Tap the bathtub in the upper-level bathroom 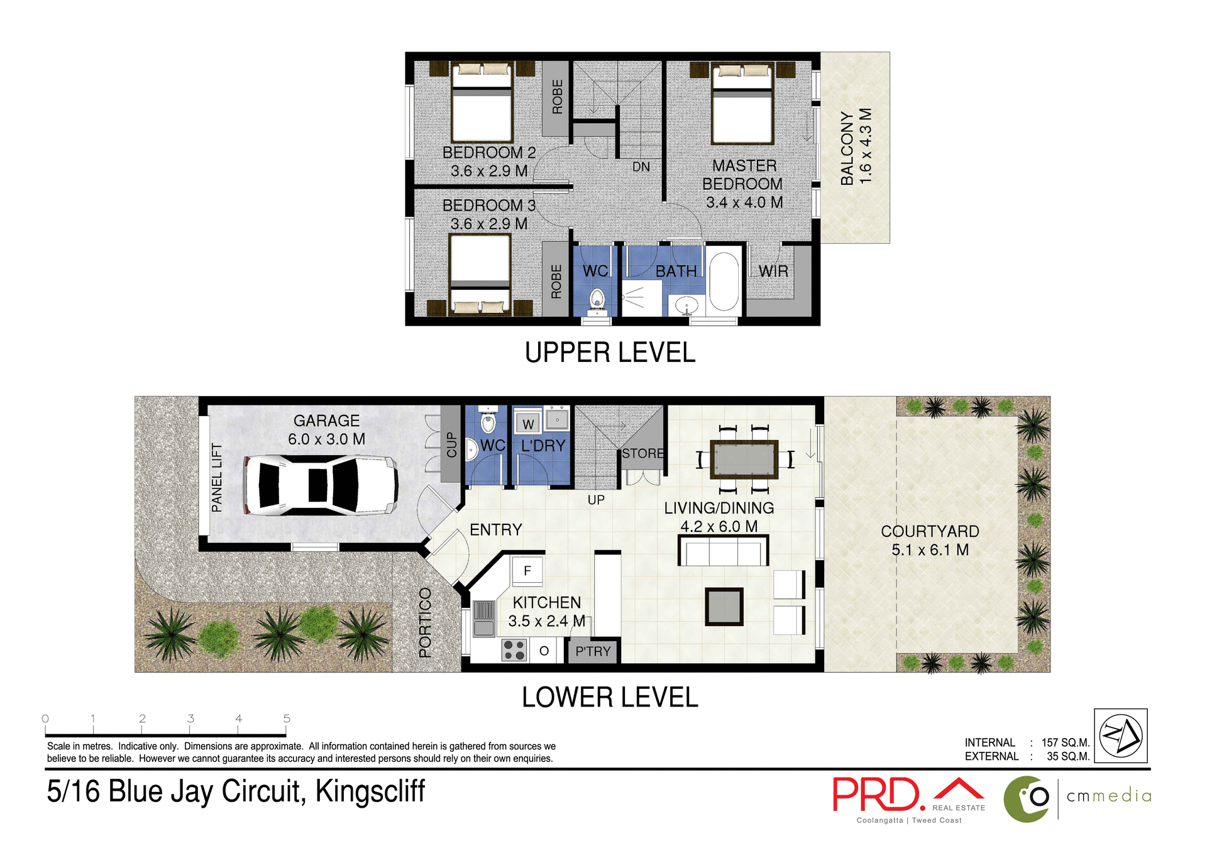click(724, 282)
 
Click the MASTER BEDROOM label click(743, 175)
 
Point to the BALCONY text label click(847, 148)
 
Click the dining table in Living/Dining click(744, 460)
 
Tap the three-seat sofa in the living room click(723, 551)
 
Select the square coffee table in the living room click(724, 607)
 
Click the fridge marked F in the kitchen click(527, 571)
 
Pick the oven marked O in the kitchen click(544, 651)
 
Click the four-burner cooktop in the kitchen click(514, 650)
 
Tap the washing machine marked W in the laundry click(528, 424)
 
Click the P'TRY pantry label click(593, 652)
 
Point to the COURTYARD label click(929, 532)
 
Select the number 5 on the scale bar click(287, 718)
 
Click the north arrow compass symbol click(1120, 735)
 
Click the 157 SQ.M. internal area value click(1065, 742)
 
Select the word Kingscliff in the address click(370, 791)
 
